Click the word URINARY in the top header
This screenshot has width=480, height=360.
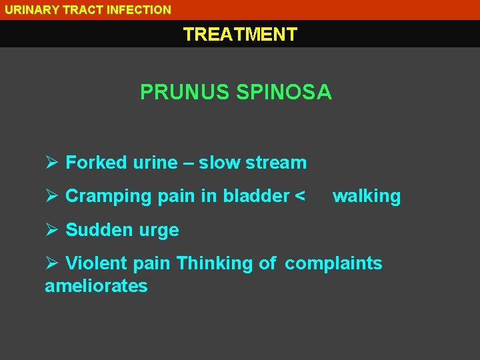(29, 10)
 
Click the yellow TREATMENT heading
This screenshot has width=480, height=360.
(240, 34)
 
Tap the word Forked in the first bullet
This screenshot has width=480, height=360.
(96, 162)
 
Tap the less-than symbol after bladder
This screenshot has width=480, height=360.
(300, 196)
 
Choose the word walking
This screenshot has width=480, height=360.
(367, 196)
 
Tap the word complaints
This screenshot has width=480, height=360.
(333, 263)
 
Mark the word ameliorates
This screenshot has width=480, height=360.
(96, 286)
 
